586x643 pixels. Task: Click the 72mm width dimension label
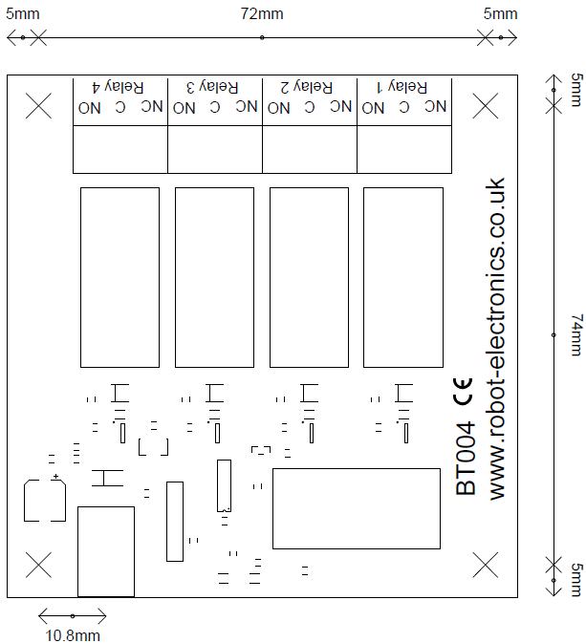coord(262,14)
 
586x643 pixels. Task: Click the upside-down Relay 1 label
coord(402,86)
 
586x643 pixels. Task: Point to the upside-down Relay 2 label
coord(308,86)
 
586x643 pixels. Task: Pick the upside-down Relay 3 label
coord(213,86)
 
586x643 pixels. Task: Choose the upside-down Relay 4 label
coord(119,86)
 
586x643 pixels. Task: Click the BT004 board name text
coord(467,460)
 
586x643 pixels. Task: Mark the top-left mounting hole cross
coord(39,105)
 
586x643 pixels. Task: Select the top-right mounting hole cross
coord(487,105)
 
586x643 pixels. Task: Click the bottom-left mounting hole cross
coord(39,565)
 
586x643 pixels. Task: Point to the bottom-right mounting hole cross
coord(487,565)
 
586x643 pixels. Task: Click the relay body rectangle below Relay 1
coord(402,277)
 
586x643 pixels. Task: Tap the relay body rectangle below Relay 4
coord(119,277)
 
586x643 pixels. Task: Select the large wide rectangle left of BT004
coord(355,508)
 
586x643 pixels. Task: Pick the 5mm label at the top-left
coord(21,14)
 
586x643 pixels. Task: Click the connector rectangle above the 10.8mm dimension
coord(105,551)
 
